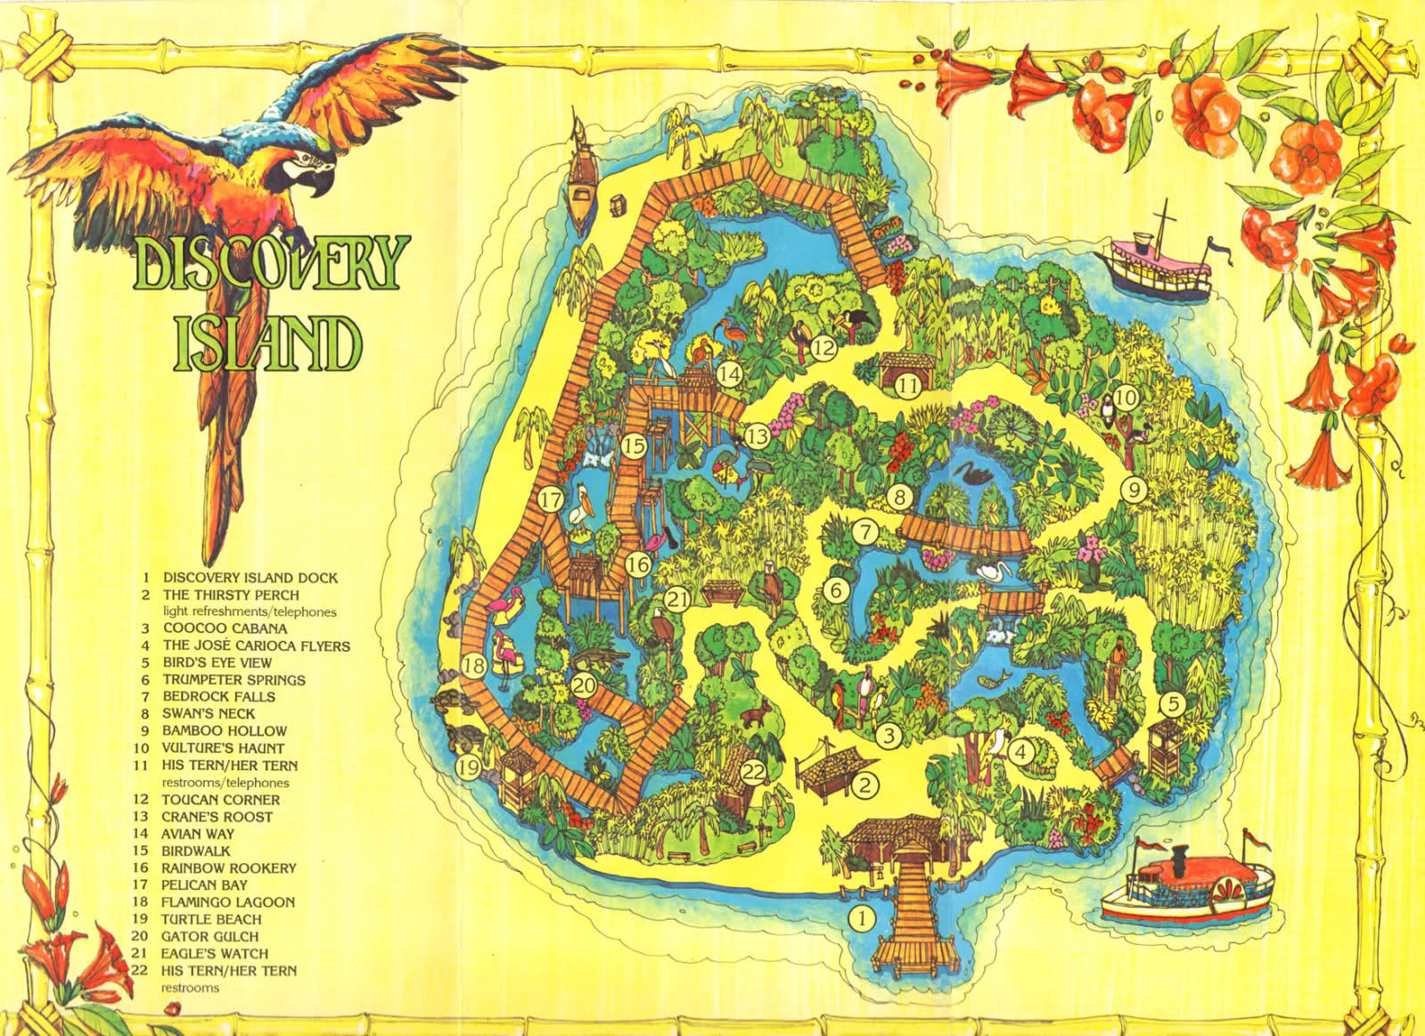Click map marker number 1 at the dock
pos(861,917)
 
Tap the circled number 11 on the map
pos(907,387)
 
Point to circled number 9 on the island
pos(1133,489)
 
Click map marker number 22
pos(753,772)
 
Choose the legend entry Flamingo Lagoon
pos(227,902)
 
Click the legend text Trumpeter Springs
pos(233,679)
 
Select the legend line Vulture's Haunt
pos(223,748)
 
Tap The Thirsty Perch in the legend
pos(231,595)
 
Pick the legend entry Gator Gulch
pos(209,936)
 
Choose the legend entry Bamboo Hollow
pos(224,730)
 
